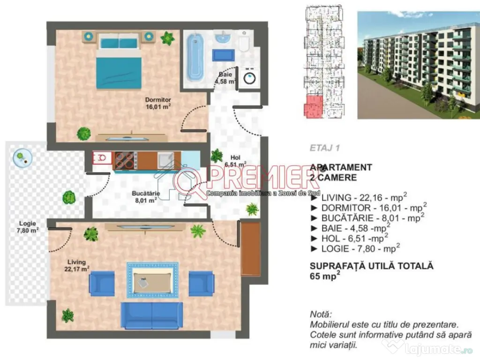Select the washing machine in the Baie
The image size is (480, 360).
248,78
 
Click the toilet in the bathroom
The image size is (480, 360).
243,43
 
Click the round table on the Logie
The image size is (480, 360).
22,157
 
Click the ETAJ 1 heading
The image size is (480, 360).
324,148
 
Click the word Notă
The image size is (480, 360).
321,314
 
